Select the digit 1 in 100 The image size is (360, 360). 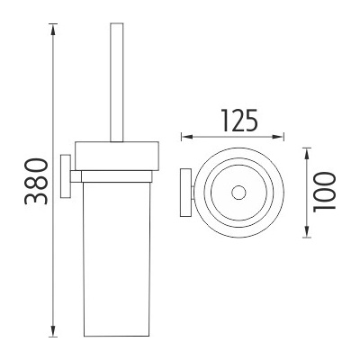326,209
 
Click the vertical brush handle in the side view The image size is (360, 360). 114,81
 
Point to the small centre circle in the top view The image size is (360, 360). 238,191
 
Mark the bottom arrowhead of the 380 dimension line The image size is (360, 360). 56,334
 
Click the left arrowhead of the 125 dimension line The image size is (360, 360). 185,137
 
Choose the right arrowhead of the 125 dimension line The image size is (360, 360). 284,137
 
